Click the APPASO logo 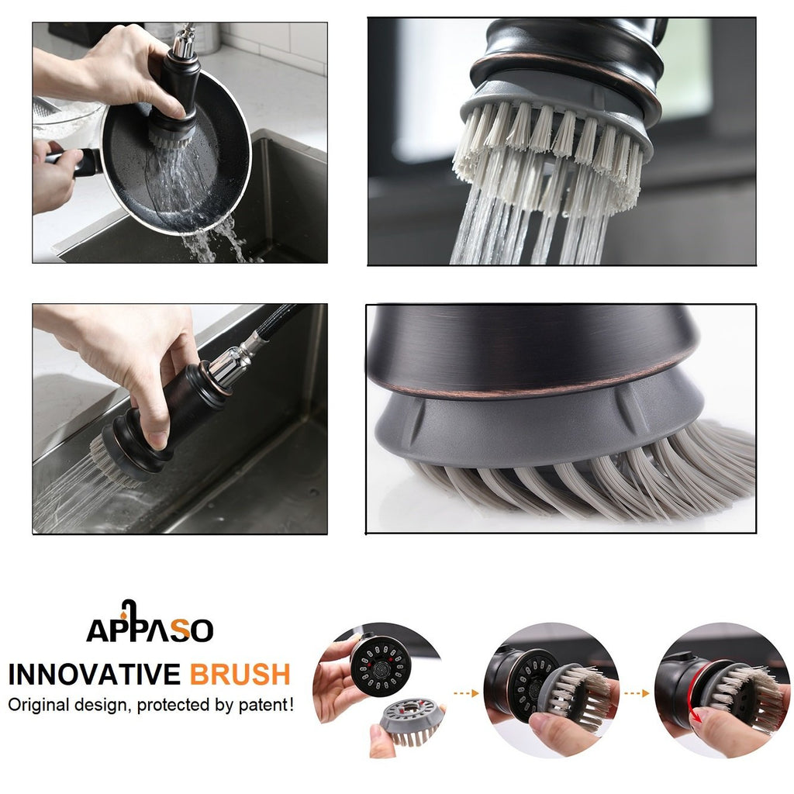(150, 622)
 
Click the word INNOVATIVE (94, 675)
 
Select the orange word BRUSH (240, 675)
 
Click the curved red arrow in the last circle (695, 695)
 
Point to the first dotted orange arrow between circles (466, 693)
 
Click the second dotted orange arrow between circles (637, 693)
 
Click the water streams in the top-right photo (526, 229)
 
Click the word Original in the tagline (39, 706)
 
